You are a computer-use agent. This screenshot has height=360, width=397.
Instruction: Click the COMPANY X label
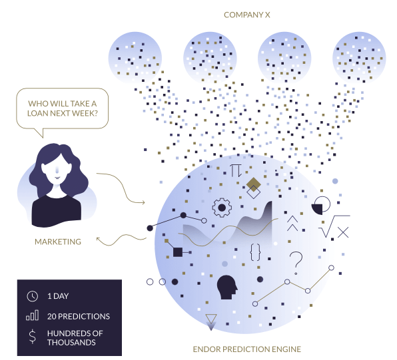pos(247,15)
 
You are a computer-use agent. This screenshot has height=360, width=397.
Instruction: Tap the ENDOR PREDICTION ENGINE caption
pos(247,349)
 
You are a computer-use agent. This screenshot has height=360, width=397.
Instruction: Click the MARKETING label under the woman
pos(58,242)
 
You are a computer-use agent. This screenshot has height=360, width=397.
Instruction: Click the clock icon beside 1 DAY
pos(33,296)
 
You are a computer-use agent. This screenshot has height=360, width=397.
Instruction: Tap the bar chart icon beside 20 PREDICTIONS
pos(33,315)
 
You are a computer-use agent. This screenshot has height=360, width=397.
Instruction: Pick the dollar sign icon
pos(33,337)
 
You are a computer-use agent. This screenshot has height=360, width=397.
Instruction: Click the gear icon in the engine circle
pos(222,208)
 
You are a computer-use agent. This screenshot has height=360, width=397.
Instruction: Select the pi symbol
pos(236,170)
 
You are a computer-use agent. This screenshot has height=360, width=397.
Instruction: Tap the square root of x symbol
pos(334,226)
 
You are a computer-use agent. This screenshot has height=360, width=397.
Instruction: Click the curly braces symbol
pos(255,252)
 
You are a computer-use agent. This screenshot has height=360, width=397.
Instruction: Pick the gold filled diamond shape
pos(253,184)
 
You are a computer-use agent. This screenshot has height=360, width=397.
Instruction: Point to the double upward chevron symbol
pos(292,224)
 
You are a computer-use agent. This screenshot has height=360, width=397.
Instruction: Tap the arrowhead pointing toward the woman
pos(99,239)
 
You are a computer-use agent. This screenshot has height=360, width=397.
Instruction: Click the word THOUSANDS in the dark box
pos(71,343)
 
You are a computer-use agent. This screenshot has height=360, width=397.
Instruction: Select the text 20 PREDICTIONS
pos(79,316)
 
